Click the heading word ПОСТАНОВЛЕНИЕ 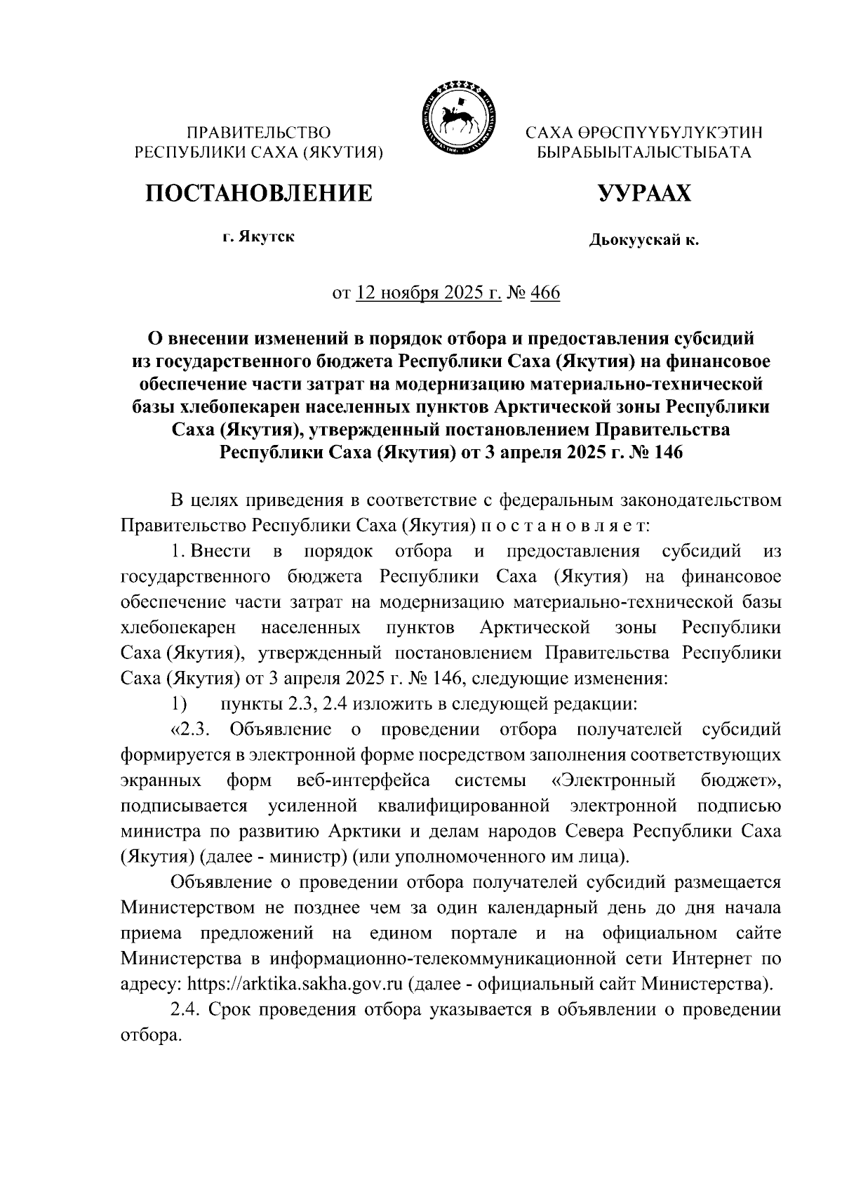click(258, 193)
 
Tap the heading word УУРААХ click(643, 193)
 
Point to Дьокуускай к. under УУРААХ click(643, 241)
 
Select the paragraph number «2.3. click(191, 729)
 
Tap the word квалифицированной click(465, 806)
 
